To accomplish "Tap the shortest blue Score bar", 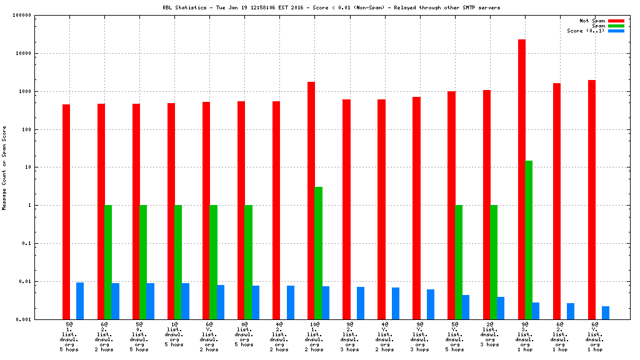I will click(606, 312).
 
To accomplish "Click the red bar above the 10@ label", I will click(311, 200).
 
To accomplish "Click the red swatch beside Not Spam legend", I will click(616, 21).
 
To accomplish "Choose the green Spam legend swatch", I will click(616, 26).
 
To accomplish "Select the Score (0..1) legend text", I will click(586, 31).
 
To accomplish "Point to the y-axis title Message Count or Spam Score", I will click(4, 167).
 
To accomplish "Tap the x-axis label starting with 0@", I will click(244, 336).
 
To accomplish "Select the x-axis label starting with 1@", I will click(174, 336).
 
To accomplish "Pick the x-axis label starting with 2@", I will click(489, 336).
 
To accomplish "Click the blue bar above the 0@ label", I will click(256, 302).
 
